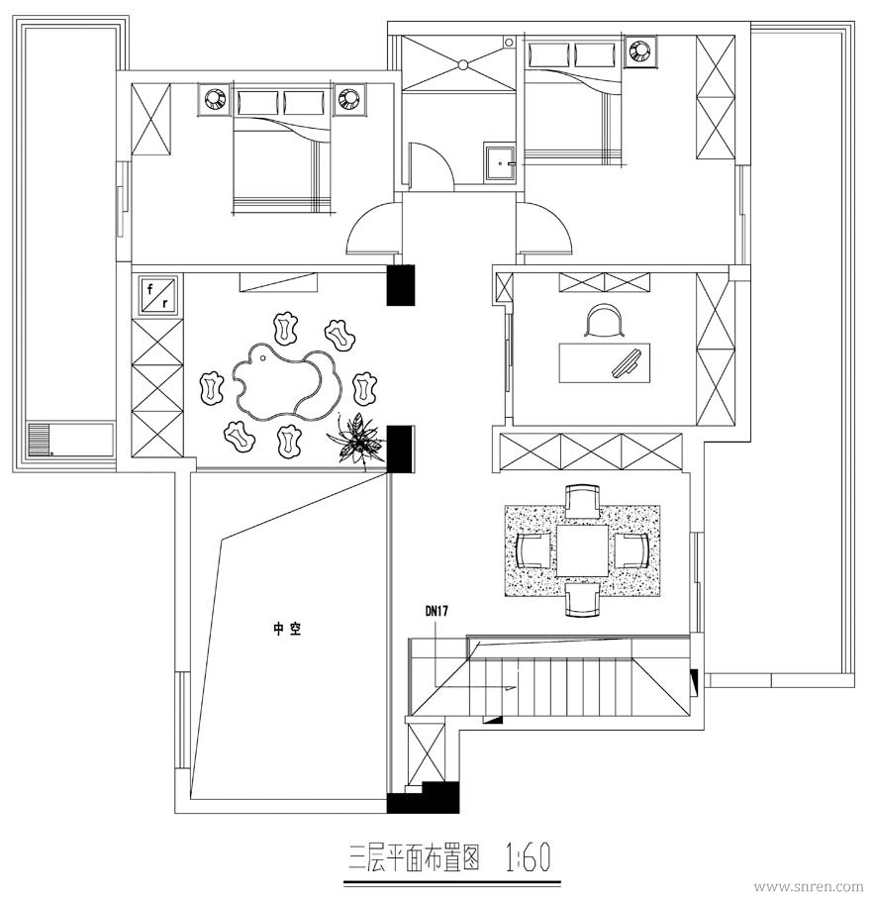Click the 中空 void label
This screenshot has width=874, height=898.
pyautogui.click(x=287, y=630)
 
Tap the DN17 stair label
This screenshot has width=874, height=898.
pyautogui.click(x=437, y=612)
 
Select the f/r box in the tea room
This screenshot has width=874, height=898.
pyautogui.click(x=157, y=294)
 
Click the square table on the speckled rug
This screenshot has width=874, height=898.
pyautogui.click(x=583, y=550)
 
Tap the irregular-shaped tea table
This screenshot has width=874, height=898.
pyautogui.click(x=286, y=382)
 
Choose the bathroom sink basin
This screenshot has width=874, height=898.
pyautogui.click(x=500, y=163)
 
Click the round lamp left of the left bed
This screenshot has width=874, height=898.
pyautogui.click(x=214, y=100)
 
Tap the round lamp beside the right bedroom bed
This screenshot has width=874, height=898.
pyautogui.click(x=638, y=50)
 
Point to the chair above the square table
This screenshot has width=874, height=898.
pyautogui.click(x=582, y=502)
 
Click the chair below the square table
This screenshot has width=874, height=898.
pyautogui.click(x=582, y=599)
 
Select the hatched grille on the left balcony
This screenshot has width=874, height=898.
pyautogui.click(x=40, y=439)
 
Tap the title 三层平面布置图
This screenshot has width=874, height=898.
pyautogui.click(x=414, y=858)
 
